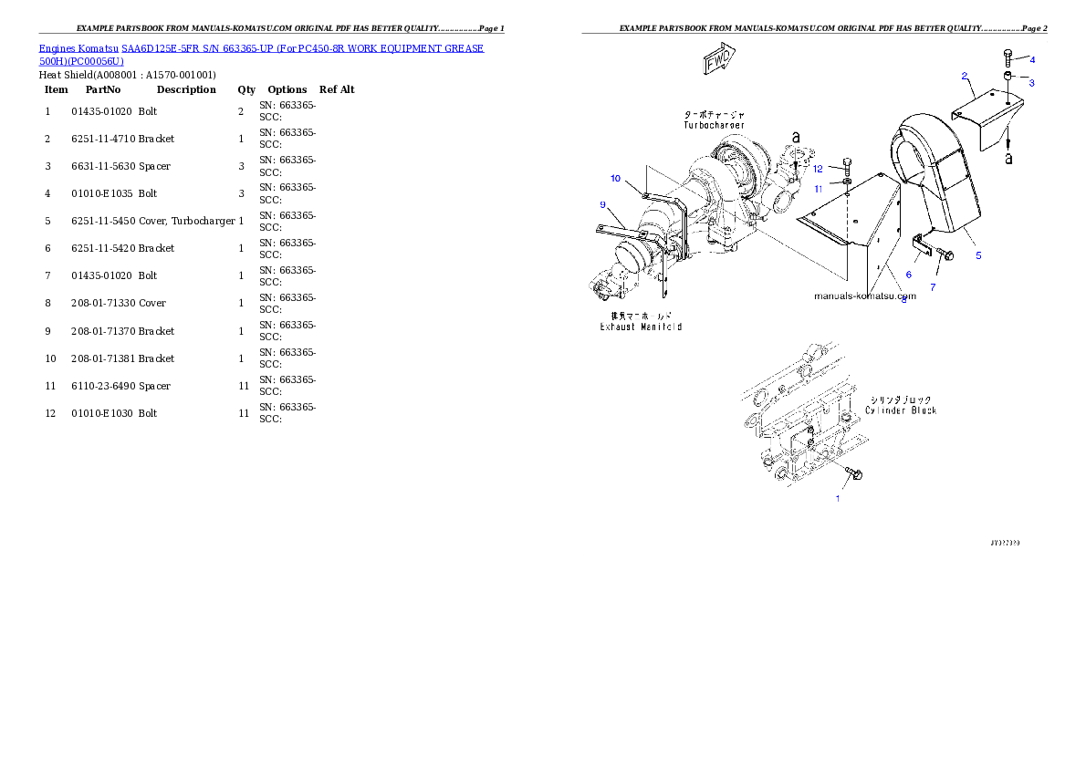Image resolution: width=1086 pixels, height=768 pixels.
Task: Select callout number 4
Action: (x=1032, y=59)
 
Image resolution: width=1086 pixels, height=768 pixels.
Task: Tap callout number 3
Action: (x=1031, y=83)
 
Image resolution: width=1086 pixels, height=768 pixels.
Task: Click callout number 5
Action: (x=978, y=255)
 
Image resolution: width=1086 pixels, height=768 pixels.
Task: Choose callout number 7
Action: (x=908, y=274)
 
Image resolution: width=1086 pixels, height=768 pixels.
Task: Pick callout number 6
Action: (x=933, y=287)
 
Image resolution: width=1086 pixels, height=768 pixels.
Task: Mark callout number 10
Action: (x=615, y=178)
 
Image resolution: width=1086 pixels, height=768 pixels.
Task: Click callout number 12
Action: (x=818, y=169)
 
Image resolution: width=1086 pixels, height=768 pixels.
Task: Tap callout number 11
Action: (x=819, y=189)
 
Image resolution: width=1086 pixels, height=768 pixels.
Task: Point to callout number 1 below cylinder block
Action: (x=838, y=498)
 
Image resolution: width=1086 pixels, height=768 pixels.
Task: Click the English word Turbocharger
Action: (x=714, y=125)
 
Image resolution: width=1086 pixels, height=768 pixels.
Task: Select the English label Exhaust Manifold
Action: (x=640, y=326)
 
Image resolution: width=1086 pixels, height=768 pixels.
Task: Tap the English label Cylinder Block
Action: (x=901, y=410)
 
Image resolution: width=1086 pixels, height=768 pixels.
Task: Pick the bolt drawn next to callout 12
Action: (x=849, y=168)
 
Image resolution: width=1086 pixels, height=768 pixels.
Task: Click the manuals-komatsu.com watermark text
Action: (x=863, y=296)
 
